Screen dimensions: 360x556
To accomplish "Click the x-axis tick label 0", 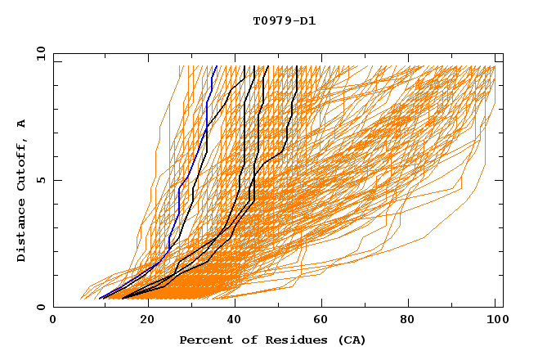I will [x=53, y=321].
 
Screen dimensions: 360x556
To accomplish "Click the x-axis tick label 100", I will [x=495, y=321].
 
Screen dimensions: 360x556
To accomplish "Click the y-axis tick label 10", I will [x=39, y=53].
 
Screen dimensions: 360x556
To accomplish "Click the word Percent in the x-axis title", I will [x=204, y=340].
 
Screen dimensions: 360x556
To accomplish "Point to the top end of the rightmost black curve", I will [x=297, y=67].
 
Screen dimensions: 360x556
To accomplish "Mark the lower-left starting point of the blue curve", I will [x=100, y=298].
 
